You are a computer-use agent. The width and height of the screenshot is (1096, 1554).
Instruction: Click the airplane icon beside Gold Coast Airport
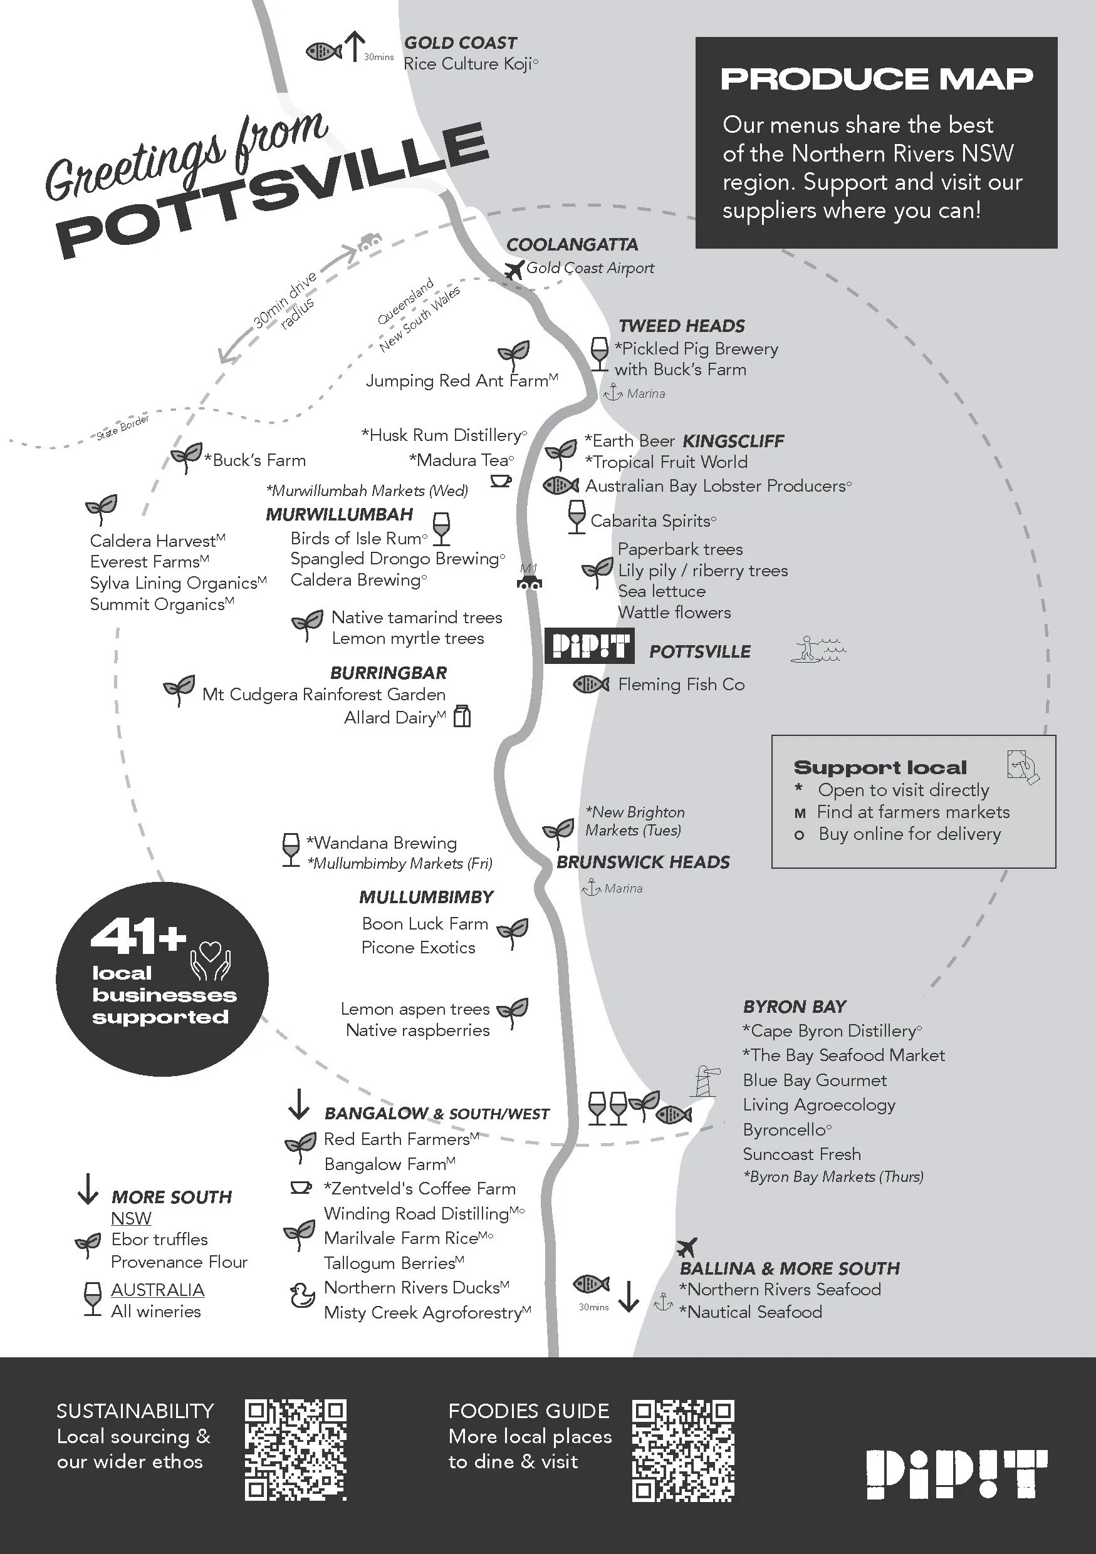[x=514, y=270]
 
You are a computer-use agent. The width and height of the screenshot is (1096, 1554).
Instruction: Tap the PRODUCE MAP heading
[x=876, y=79]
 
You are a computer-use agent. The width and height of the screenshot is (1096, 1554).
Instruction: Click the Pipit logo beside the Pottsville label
[x=590, y=646]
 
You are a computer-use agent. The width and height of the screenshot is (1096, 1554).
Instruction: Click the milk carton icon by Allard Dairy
[x=462, y=716]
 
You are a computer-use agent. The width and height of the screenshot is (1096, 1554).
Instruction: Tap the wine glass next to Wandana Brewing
[x=290, y=849]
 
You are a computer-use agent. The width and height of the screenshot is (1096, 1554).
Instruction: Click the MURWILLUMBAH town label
[x=339, y=514]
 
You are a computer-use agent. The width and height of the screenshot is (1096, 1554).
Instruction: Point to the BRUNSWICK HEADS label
[x=643, y=862]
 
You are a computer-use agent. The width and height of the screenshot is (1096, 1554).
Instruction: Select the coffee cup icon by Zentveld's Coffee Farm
[x=300, y=1188]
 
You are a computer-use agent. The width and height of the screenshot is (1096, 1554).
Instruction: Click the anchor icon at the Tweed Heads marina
[x=613, y=393]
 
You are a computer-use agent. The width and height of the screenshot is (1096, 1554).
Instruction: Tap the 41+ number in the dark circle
[x=138, y=937]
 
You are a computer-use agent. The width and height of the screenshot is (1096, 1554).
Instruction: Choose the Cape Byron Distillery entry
[x=832, y=1031]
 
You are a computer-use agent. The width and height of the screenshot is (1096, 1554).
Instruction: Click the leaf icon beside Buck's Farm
[x=185, y=457]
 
